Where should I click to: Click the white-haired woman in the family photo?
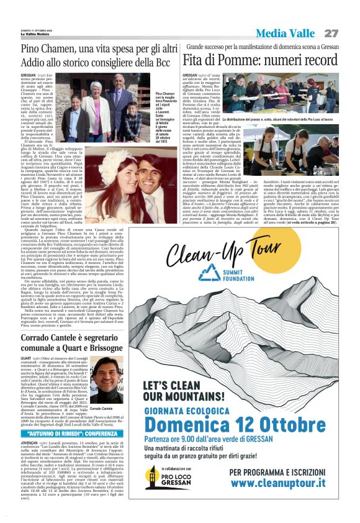[x=97, y=88]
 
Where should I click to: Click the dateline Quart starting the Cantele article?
[x=26, y=358]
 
